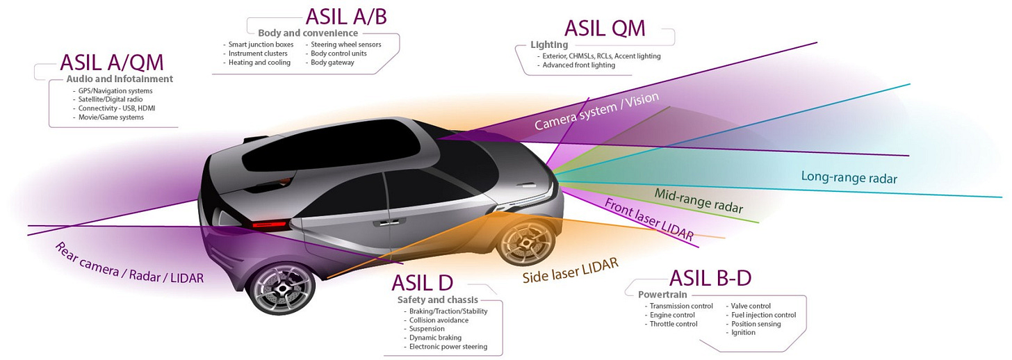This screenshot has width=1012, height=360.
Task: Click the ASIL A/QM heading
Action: point(112,62)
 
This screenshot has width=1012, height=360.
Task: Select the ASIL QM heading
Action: point(605,28)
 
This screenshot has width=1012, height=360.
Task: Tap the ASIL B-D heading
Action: point(710,278)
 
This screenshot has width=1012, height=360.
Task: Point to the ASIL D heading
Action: point(422,283)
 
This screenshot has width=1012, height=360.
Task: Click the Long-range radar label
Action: point(849,177)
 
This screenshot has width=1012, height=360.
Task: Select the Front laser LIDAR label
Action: point(648,220)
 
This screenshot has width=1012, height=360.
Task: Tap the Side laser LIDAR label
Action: point(570,270)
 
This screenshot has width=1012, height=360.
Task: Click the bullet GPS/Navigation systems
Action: point(115,90)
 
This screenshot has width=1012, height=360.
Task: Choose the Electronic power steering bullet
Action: point(448,346)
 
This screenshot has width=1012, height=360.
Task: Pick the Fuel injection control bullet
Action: point(763,315)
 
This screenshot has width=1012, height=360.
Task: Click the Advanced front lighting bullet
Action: point(579,65)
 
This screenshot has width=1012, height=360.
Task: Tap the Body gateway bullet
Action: point(332,63)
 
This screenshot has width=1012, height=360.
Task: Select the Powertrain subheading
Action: point(662,295)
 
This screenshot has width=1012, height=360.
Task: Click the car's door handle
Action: point(381,223)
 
